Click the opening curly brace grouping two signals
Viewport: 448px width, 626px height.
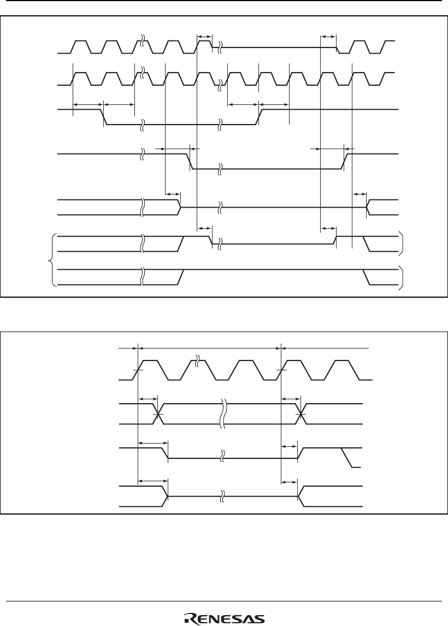click(x=53, y=260)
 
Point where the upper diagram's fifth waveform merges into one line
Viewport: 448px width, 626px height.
click(x=180, y=208)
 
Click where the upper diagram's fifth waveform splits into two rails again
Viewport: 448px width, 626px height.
click(x=368, y=208)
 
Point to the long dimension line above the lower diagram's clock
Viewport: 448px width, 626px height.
click(x=210, y=347)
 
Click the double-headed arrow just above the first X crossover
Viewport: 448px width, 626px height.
click(x=148, y=399)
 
